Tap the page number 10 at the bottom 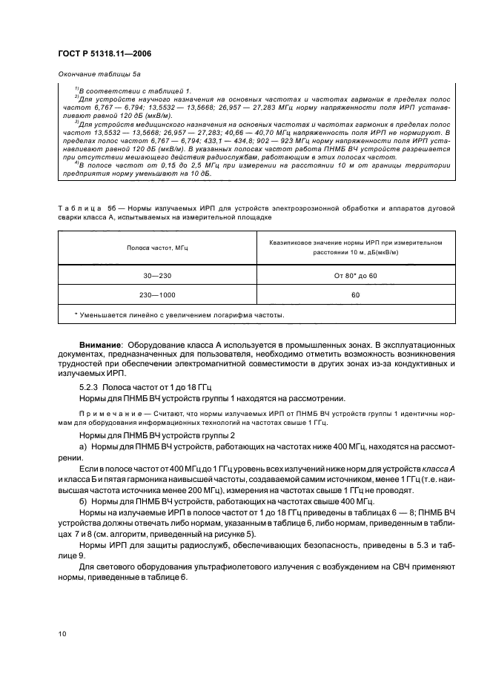62,632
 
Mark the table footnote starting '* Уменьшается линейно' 178,314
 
